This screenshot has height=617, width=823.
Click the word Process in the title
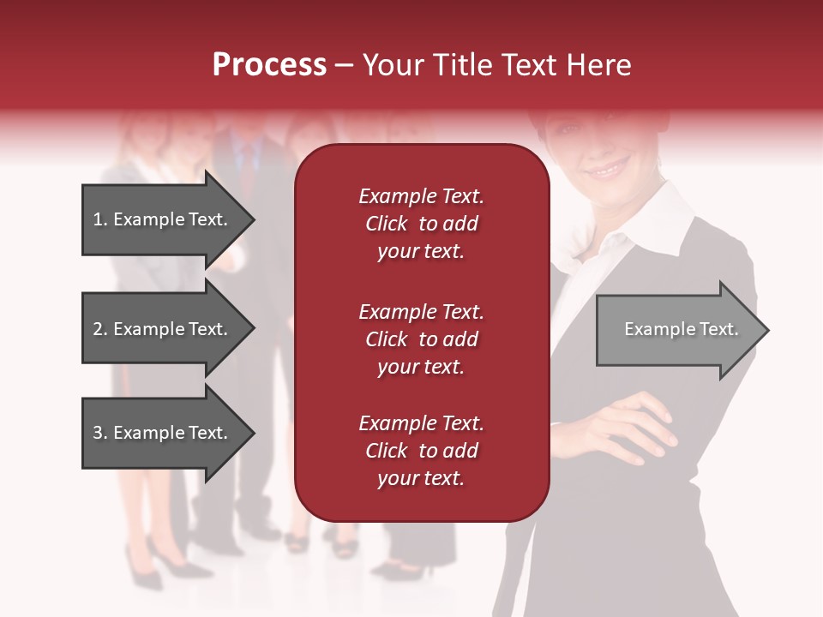tap(269, 65)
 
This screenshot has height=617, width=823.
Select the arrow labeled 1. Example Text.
tap(160, 219)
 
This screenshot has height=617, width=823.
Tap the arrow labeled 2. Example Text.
tap(160, 329)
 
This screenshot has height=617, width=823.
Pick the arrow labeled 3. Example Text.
tap(160, 433)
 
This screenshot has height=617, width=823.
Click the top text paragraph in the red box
tap(421, 224)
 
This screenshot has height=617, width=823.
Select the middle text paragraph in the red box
tap(421, 339)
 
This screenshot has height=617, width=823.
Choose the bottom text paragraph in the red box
tap(421, 451)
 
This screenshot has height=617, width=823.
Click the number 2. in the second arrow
tap(100, 329)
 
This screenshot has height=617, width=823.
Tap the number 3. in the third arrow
tap(100, 433)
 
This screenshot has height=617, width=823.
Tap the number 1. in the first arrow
tap(100, 219)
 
